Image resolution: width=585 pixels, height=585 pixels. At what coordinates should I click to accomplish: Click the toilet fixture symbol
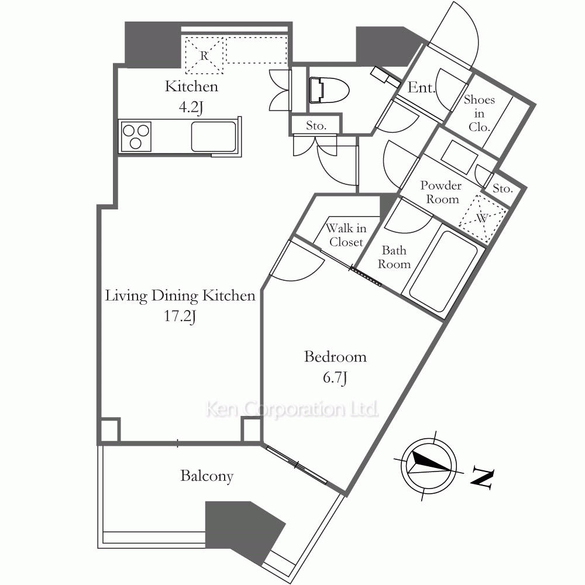[329, 90]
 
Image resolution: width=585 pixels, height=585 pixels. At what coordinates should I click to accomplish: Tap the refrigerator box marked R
[204, 55]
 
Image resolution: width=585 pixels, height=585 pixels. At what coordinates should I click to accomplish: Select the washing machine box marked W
[483, 218]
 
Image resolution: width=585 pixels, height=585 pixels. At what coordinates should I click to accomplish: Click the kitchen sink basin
[214, 136]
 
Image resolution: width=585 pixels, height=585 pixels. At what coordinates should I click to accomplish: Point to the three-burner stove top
[136, 136]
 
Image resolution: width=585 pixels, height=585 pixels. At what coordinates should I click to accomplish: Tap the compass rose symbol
[429, 466]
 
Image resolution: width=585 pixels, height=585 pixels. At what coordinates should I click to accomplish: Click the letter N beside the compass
[483, 478]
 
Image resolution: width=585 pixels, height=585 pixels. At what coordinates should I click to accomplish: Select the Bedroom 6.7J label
[335, 367]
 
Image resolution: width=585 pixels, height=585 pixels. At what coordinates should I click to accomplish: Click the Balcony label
[207, 476]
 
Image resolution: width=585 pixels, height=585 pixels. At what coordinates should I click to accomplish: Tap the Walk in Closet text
[346, 235]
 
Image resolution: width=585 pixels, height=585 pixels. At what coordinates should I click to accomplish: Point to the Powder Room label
[441, 192]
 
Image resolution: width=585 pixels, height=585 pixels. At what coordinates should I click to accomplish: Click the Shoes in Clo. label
[480, 113]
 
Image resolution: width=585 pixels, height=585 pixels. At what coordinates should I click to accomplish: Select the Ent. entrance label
[421, 87]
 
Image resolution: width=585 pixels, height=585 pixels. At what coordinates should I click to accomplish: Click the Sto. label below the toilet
[316, 126]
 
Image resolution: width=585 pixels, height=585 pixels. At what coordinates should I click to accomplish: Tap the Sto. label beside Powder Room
[503, 188]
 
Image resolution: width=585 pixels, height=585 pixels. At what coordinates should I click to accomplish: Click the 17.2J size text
[180, 316]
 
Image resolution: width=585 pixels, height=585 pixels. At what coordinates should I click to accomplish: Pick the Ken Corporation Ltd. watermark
[292, 409]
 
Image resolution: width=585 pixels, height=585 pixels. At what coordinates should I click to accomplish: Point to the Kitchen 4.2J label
[191, 97]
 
